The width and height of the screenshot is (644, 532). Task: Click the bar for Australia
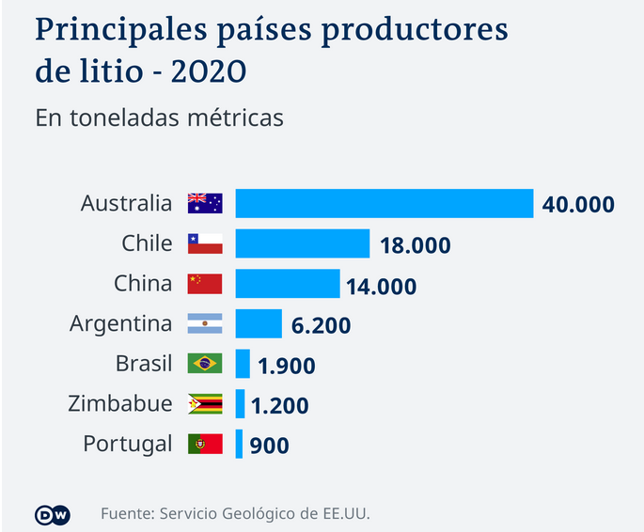(384, 203)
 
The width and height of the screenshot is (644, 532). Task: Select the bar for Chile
(302, 243)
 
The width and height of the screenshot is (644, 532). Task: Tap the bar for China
(287, 284)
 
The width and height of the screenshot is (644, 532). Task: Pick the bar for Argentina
(258, 324)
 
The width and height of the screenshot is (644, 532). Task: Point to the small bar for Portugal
(239, 444)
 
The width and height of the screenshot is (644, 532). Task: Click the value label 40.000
(578, 204)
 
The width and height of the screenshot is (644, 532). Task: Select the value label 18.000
(416, 245)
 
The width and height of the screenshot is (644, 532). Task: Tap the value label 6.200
(321, 326)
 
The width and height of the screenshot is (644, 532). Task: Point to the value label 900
(270, 446)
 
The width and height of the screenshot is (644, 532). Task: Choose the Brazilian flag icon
(205, 363)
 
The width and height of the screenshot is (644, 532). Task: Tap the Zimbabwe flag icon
(205, 403)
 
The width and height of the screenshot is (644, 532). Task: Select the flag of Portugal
(205, 444)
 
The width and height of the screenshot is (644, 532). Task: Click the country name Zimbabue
(120, 403)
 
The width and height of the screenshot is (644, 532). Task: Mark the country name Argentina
(121, 324)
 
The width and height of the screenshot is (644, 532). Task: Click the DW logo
(53, 513)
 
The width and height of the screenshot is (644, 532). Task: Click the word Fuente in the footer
(127, 513)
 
